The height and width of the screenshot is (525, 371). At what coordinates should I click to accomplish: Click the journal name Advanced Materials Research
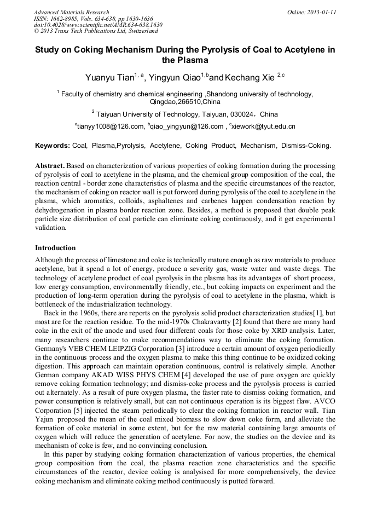pyautogui.click(x=71, y=12)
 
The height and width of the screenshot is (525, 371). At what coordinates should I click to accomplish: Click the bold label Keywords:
pyautogui.click(x=52, y=146)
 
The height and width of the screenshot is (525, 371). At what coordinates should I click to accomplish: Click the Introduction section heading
pyautogui.click(x=55, y=248)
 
